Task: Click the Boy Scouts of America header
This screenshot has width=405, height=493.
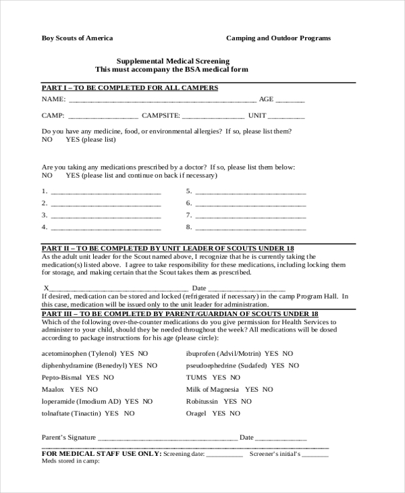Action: point(78,38)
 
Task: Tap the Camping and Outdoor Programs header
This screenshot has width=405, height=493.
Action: point(278,38)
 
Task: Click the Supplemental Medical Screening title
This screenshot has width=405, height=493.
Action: point(171,61)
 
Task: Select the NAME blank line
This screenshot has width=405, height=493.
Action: point(157,101)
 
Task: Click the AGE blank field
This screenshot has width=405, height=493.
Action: point(290,101)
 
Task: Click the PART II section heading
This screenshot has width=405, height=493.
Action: point(167,248)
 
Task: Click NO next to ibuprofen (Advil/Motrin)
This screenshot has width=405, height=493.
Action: point(288,353)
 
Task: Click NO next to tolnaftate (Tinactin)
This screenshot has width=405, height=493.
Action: point(129,413)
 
